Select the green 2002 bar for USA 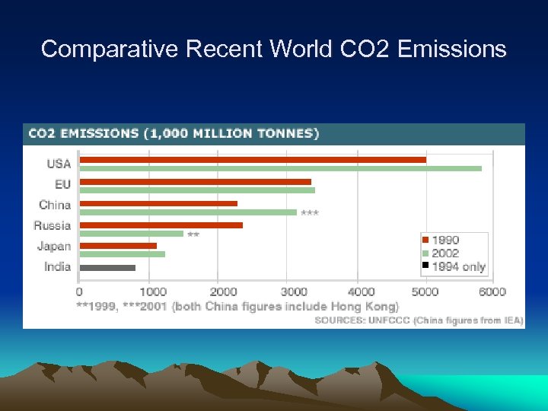(280, 168)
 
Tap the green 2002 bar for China (188, 212)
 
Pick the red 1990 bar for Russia (161, 225)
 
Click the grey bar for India (107, 267)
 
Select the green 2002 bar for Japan (122, 254)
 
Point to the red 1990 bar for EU (195, 182)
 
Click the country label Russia (53, 225)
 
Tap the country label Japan (54, 246)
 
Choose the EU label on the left (62, 184)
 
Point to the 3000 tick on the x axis (294, 292)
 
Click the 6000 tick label (493, 292)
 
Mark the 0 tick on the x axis (79, 292)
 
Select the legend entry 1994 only (457, 266)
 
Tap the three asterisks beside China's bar (310, 213)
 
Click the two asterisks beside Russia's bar (193, 235)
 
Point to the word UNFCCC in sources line (388, 320)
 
